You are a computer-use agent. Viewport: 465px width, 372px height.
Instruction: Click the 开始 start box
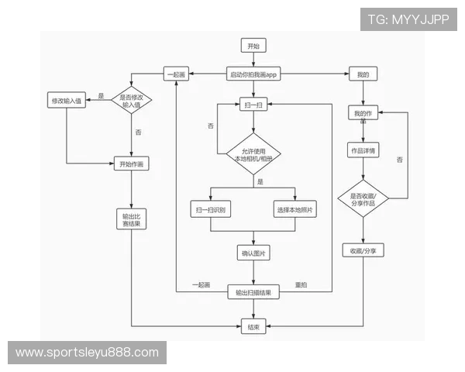[x=253, y=46]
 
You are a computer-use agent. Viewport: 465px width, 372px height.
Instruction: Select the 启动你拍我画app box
[x=253, y=74]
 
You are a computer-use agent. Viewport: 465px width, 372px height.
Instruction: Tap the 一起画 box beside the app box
[x=176, y=74]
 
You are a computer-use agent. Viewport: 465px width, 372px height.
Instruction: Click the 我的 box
[x=363, y=74]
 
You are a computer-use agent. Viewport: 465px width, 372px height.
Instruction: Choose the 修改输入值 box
[x=67, y=102]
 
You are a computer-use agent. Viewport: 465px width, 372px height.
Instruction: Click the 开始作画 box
[x=132, y=164]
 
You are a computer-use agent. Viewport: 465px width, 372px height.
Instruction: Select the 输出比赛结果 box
[x=132, y=219]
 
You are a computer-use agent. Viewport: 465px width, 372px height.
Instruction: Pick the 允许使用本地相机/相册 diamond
[x=253, y=154]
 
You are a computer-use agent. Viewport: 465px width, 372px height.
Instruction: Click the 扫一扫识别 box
[x=211, y=209]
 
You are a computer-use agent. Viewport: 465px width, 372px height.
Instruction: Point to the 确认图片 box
[x=253, y=253]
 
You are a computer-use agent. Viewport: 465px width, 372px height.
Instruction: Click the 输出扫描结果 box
[x=253, y=292]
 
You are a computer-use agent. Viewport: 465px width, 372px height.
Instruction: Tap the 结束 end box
[x=253, y=327]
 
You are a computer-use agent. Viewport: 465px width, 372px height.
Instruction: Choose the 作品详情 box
[x=363, y=150]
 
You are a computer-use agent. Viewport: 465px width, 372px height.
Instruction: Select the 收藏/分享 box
[x=363, y=251]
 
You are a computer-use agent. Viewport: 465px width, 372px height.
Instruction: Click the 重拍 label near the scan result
[x=301, y=285]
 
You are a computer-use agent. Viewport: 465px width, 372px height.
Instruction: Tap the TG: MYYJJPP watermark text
[x=408, y=19]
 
